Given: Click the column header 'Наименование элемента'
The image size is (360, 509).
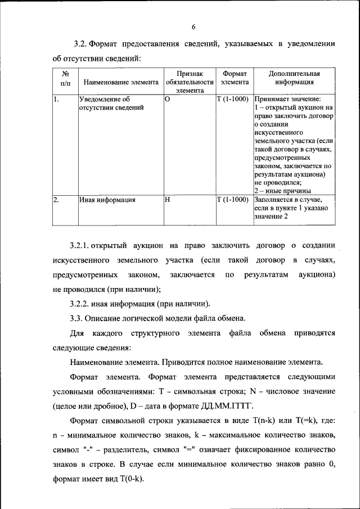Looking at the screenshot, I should (121, 82).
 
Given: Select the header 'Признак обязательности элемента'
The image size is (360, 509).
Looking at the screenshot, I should (190, 81).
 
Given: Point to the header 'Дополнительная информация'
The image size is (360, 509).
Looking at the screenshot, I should (294, 77).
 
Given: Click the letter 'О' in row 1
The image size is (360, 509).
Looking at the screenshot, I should (167, 98).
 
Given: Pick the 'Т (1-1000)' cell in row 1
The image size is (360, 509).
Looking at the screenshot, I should (233, 98).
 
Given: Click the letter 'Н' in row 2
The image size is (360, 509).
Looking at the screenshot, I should (167, 199).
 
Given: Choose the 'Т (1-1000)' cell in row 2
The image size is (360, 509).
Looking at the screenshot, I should (233, 199).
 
